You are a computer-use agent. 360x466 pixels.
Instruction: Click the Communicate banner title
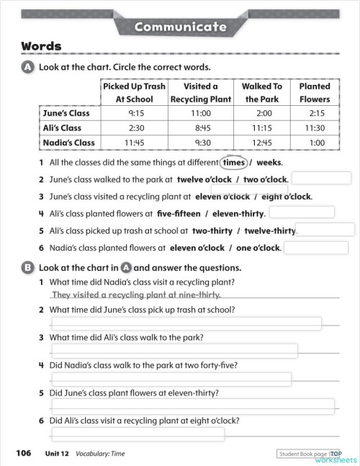tap(180, 27)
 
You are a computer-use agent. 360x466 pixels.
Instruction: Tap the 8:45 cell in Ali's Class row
tap(200, 127)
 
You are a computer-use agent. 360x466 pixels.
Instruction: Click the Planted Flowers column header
tap(315, 92)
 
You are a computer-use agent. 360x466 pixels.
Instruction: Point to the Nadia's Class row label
tap(69, 143)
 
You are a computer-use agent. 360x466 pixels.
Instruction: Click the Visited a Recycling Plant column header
tap(200, 92)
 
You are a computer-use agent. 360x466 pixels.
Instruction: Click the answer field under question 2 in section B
tap(186, 323)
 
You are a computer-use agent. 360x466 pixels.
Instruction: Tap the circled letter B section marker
tap(28, 266)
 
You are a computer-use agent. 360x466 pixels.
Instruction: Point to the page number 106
tap(24, 453)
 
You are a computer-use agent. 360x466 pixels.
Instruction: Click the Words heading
tap(41, 47)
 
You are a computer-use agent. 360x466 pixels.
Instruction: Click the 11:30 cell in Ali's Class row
tap(315, 127)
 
